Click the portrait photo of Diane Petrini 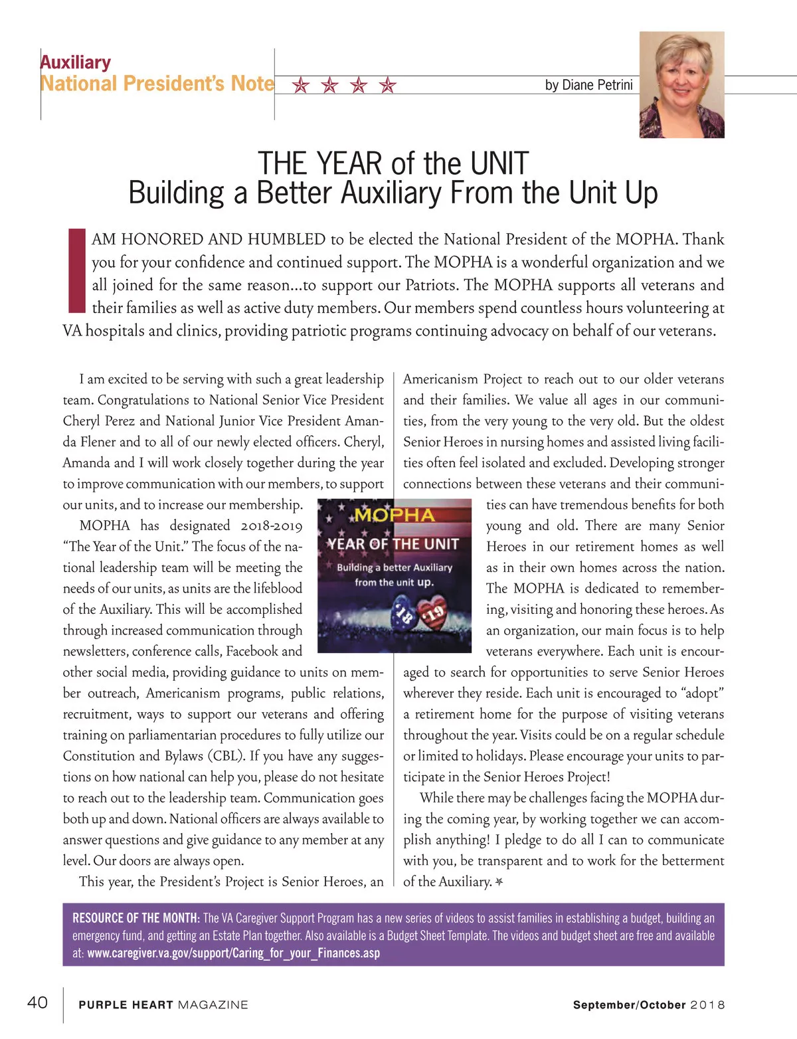[681, 85]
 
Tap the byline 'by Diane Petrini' [588, 85]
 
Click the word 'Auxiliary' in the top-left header [76, 62]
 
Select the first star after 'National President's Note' [301, 86]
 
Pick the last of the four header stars [388, 86]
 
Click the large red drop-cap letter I [77, 271]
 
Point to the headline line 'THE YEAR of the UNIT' [393, 163]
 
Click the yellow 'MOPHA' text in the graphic [395, 516]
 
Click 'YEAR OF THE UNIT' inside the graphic [394, 544]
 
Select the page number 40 [37, 1002]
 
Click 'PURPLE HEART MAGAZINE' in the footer [163, 1005]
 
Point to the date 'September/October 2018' [649, 1005]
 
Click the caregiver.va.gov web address [234, 953]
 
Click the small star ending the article [499, 882]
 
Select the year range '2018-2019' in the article [271, 525]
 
